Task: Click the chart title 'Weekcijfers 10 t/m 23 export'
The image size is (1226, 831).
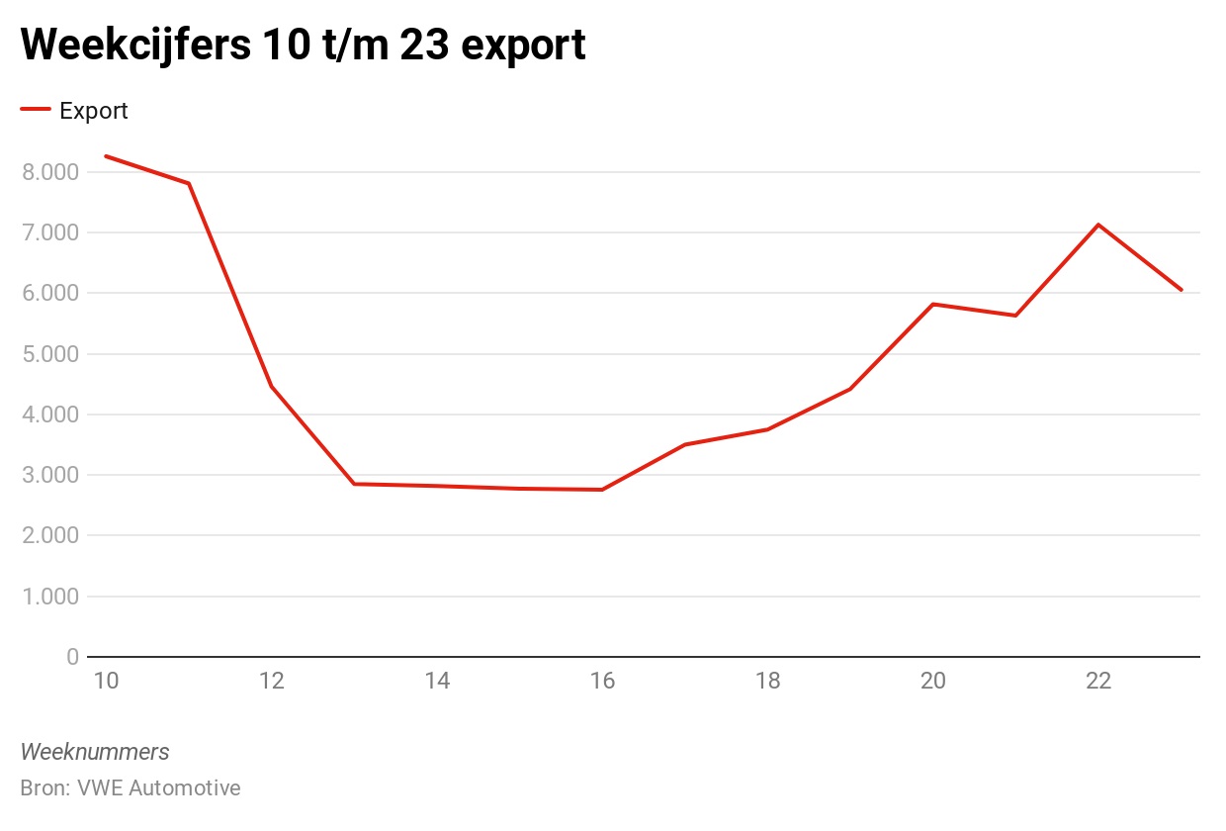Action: [303, 46]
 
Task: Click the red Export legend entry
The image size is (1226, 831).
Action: [75, 111]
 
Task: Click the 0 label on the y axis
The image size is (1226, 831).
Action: [72, 657]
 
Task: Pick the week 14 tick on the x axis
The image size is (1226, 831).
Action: [437, 681]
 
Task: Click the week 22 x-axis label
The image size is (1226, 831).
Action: [1098, 681]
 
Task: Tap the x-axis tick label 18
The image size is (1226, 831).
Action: [767, 681]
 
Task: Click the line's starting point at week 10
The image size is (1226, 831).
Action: [106, 156]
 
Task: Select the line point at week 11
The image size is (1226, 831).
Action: [188, 183]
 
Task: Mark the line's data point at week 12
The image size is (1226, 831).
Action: [271, 386]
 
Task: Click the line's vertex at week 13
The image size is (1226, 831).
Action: [354, 484]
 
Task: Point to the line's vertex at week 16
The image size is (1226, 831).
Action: [602, 490]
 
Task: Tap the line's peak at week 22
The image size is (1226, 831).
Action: [1098, 225]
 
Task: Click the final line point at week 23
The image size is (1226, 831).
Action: [1182, 290]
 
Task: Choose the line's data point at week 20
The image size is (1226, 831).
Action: [933, 304]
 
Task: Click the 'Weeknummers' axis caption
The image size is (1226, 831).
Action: [95, 752]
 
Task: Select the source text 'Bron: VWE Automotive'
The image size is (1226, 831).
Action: [131, 788]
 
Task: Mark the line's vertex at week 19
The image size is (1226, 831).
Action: [850, 389]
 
